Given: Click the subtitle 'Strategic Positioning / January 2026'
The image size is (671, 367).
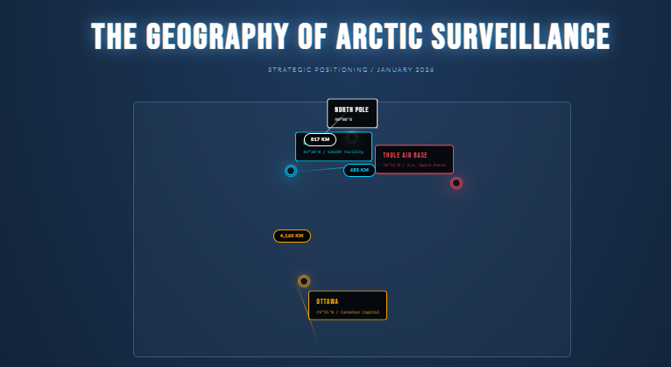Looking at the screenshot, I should pos(350,69).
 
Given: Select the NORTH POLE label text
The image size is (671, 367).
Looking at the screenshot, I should pos(351,109).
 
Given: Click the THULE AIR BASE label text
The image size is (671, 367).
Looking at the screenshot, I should pos(405,155).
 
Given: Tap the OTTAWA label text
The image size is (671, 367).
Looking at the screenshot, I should pos(327,301).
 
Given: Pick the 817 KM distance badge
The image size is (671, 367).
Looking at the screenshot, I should pos(320,139).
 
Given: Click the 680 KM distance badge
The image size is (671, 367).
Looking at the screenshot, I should pos(359,170).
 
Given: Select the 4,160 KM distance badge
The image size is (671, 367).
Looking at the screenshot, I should pos(292,236).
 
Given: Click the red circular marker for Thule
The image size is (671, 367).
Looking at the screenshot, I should pos(456,183).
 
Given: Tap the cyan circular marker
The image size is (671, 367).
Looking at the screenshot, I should pos(291,171).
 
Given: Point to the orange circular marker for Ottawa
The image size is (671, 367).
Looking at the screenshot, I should pos(304,281).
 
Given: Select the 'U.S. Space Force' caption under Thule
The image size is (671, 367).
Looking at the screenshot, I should pos(427,165).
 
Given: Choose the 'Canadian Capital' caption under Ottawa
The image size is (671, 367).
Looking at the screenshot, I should pos(359,311).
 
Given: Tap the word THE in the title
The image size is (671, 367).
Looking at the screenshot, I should pos(114,37).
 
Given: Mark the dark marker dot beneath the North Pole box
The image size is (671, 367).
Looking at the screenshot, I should pos(351,138).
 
